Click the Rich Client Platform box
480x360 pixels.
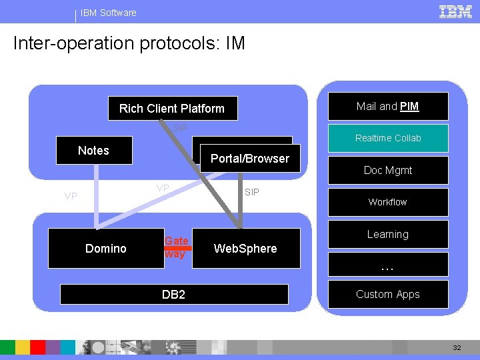pyautogui.click(x=171, y=108)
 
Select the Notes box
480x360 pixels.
pyautogui.click(x=93, y=151)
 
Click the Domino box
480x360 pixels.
pyautogui.click(x=106, y=249)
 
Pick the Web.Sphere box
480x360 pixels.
pyautogui.click(x=245, y=249)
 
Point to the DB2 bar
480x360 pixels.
pyautogui.click(x=173, y=294)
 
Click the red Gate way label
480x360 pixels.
pyautogui.click(x=177, y=247)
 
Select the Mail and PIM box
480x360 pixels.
pyautogui.click(x=387, y=106)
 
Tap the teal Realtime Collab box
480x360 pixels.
pyautogui.click(x=388, y=138)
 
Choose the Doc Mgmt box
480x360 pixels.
pyautogui.click(x=388, y=170)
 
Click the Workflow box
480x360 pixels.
pyautogui.click(x=388, y=202)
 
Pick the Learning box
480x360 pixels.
pyautogui.click(x=388, y=234)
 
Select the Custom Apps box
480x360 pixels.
pyautogui.click(x=388, y=294)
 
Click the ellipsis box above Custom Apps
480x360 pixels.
pyautogui.click(x=388, y=266)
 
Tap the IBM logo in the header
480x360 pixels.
pyautogui.click(x=456, y=11)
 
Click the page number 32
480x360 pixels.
pyautogui.click(x=457, y=347)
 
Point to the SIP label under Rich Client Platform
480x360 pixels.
pyautogui.click(x=179, y=128)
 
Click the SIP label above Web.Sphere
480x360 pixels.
pyautogui.click(x=252, y=192)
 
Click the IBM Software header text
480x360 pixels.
pyautogui.click(x=108, y=13)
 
